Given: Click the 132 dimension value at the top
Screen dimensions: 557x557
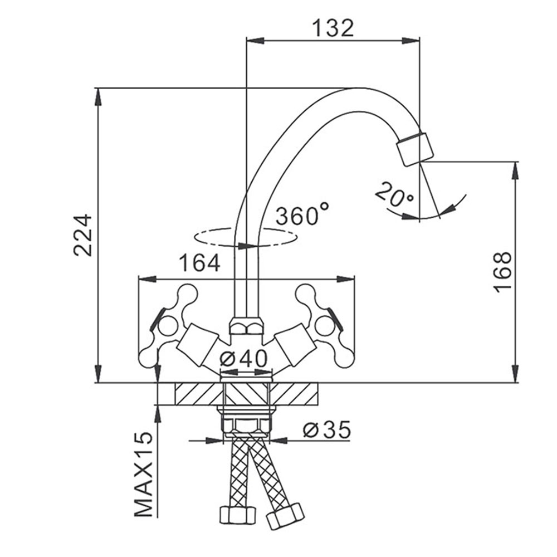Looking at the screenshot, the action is [x=333, y=28].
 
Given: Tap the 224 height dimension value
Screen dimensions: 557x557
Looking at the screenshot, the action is [x=83, y=235].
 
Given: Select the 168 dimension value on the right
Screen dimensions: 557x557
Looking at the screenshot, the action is [x=502, y=272].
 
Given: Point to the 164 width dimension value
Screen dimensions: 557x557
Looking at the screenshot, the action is [x=199, y=263].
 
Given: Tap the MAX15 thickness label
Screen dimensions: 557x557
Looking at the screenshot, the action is [x=144, y=474].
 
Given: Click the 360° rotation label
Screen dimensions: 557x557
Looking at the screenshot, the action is [x=302, y=214].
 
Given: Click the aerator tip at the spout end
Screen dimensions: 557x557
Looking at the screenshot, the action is [x=415, y=149].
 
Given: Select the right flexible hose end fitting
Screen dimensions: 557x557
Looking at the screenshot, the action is [x=286, y=516].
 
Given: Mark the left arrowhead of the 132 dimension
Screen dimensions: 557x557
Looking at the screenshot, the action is [x=255, y=41].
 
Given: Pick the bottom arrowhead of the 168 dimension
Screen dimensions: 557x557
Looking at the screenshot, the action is [x=515, y=374].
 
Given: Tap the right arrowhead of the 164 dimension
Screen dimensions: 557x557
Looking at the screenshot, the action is [x=346, y=279].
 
